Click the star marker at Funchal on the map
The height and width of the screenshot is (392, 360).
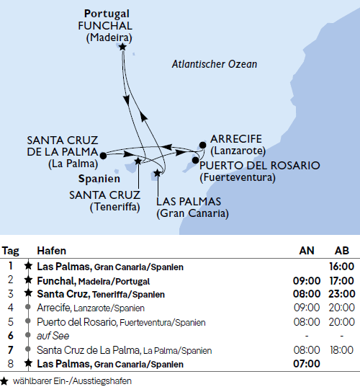click(123, 47)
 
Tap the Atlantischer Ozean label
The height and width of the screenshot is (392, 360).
click(215, 64)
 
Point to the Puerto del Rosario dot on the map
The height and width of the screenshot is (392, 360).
click(194, 163)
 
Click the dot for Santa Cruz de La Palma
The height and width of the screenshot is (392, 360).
click(104, 154)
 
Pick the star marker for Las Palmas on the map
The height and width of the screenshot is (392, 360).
click(157, 174)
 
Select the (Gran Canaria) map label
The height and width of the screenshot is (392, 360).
click(192, 214)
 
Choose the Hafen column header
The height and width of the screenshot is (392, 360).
click(51, 251)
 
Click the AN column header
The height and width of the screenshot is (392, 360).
click(307, 251)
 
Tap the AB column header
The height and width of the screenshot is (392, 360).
click(343, 251)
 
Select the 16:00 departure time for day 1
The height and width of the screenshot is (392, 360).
click(342, 267)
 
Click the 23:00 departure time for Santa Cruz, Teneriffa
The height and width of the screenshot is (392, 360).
click(342, 294)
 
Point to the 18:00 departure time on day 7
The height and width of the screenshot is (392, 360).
click(342, 350)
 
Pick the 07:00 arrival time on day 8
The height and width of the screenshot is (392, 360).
click(307, 364)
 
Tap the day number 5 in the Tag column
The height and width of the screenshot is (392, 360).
click(10, 322)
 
